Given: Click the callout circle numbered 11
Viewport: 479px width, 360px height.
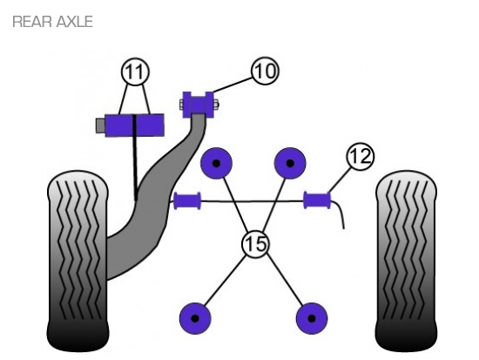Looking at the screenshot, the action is [x=135, y=71].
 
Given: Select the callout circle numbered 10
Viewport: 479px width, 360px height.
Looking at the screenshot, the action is [x=265, y=71].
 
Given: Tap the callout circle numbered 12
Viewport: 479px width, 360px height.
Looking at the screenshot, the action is [x=361, y=156].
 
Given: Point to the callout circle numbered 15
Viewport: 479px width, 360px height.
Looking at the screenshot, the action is [x=256, y=244].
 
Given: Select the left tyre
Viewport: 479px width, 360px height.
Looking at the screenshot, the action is [x=78, y=261].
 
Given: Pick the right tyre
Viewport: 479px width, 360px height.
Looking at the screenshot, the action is [x=406, y=261].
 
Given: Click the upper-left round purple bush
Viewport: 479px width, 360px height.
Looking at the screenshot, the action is [x=216, y=163].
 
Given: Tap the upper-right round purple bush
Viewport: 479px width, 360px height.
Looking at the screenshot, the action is [x=290, y=163].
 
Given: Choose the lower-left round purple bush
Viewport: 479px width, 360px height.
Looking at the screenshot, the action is [x=195, y=318].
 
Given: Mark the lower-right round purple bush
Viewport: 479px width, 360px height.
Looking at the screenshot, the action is [x=312, y=318].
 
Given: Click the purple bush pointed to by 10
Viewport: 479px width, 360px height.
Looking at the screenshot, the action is [x=199, y=105].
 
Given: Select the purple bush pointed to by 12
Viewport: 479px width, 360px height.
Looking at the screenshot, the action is [x=317, y=200].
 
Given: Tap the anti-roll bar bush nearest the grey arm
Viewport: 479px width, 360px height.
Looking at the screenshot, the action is [x=187, y=201].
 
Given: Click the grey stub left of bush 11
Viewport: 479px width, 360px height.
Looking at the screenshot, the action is [x=100, y=126].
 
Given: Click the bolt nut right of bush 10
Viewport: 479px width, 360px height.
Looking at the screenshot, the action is [x=216, y=105].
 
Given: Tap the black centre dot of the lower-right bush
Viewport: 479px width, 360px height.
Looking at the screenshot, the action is [x=312, y=318].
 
